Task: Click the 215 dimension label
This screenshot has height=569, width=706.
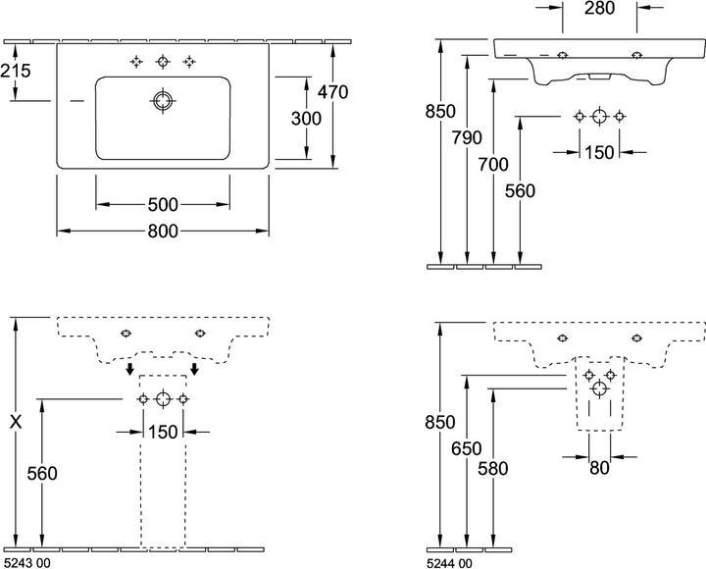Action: click(16, 71)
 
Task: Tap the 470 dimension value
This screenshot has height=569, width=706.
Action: click(332, 92)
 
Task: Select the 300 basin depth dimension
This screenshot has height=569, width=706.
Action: click(306, 119)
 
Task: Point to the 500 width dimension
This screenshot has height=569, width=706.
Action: click(163, 205)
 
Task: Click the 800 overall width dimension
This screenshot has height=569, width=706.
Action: click(163, 232)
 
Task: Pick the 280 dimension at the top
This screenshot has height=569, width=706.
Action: click(599, 8)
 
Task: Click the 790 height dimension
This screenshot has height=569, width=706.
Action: click(467, 138)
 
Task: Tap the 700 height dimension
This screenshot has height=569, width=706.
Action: click(493, 165)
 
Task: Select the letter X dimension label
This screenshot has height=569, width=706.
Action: click(16, 422)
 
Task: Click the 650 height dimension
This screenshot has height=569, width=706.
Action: click(467, 448)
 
